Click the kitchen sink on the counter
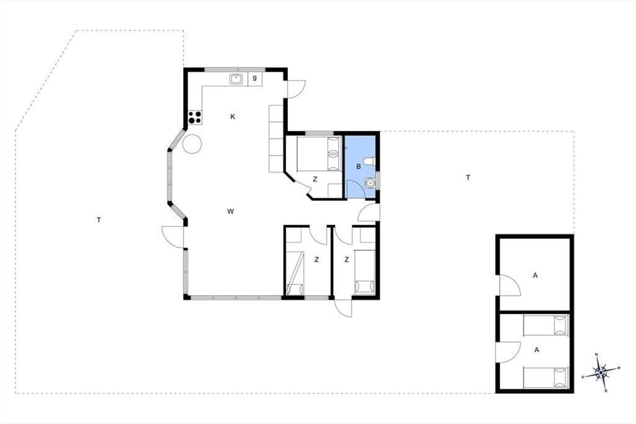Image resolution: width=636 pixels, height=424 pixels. point(236,79)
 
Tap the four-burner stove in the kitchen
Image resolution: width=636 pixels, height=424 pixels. point(195,117)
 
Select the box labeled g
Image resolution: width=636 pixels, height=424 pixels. point(255,79)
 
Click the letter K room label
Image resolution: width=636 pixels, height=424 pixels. point(233,117)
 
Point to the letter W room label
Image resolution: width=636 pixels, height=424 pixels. point(231,211)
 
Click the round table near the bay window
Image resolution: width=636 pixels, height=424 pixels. point(192,144)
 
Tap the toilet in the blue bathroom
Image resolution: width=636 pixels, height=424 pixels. point(370,161)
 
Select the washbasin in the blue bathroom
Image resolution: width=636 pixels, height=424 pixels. point(370,183)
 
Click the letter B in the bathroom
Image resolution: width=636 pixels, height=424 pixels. point(359,167)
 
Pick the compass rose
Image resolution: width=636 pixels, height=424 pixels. point(601,372)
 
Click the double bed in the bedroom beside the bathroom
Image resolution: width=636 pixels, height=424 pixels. point(319,154)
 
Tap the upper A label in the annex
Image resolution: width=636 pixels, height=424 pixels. point(535,275)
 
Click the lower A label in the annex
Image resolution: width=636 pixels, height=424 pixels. point(536,350)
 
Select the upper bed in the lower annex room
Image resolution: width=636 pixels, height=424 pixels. point(546,325)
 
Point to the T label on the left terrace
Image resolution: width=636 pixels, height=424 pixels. point(99,220)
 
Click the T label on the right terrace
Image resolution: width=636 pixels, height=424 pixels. point(468,178)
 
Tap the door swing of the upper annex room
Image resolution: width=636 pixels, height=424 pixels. point(510,286)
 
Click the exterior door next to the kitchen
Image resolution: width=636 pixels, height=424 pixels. point(296,89)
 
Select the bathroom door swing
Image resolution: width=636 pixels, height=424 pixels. point(356,189)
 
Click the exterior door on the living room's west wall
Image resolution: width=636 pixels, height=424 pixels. point(173,237)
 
